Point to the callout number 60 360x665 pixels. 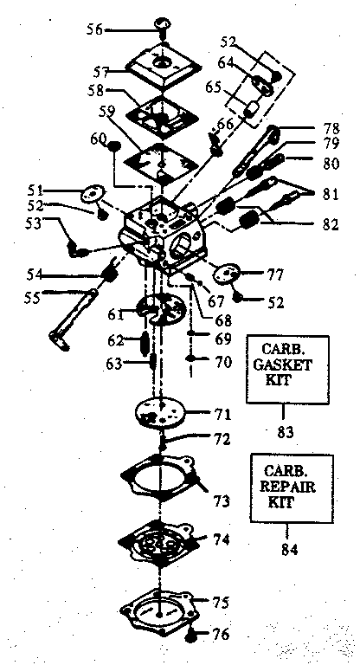97,138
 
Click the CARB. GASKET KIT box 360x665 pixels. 288,370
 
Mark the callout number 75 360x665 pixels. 222,602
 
